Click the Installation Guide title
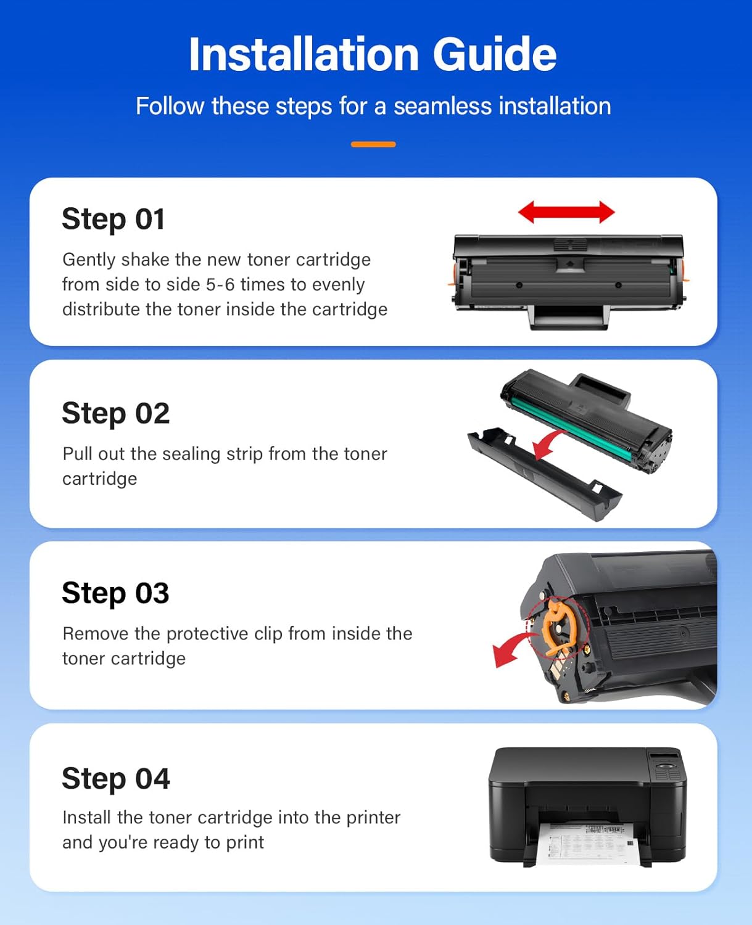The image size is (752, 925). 373,54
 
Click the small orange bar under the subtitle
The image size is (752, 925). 373,144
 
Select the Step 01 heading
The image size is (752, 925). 114,219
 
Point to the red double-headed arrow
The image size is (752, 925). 566,212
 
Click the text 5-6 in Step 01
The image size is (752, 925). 220,284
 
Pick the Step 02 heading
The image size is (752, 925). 116,413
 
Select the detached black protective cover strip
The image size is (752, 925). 543,475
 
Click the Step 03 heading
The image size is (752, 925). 115,593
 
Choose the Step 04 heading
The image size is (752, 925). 116,778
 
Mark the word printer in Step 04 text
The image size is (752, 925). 373,818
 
